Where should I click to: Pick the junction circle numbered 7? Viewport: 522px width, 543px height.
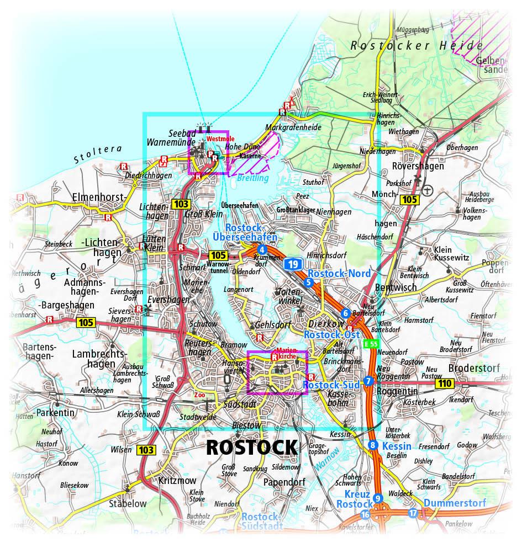pyautogui.click(x=368, y=381)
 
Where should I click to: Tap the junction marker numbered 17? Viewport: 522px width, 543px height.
pyautogui.click(x=414, y=513)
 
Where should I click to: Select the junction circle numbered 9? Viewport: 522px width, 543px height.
pyautogui.click(x=378, y=498)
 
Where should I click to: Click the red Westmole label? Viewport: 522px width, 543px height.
pyautogui.click(x=220, y=139)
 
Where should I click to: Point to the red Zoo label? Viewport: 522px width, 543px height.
pyautogui.click(x=200, y=395)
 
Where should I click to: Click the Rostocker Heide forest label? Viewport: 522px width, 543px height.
pyautogui.click(x=416, y=46)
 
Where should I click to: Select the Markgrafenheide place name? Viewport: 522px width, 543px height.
pyautogui.click(x=293, y=127)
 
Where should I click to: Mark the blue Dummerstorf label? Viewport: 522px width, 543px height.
pyautogui.click(x=455, y=503)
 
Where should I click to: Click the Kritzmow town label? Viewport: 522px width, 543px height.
pyautogui.click(x=175, y=480)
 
